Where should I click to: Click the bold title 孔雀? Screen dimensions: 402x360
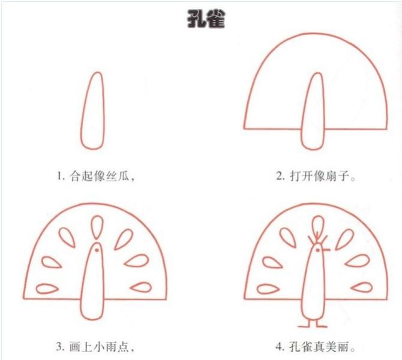point(206,19)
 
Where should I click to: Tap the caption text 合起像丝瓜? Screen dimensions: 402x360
point(100,176)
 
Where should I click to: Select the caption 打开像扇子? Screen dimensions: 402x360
point(319,176)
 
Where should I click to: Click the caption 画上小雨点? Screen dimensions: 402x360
point(99,347)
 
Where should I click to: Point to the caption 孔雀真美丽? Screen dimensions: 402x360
point(319,347)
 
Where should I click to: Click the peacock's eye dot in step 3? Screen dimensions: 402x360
point(97,250)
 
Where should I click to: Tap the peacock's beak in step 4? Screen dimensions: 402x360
point(326,249)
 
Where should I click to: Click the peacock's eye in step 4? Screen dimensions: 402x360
point(318,250)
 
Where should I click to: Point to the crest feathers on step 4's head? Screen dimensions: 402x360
point(317,238)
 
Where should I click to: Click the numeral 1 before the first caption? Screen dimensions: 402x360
point(59,176)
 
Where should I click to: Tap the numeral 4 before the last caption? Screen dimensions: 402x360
point(279,347)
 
